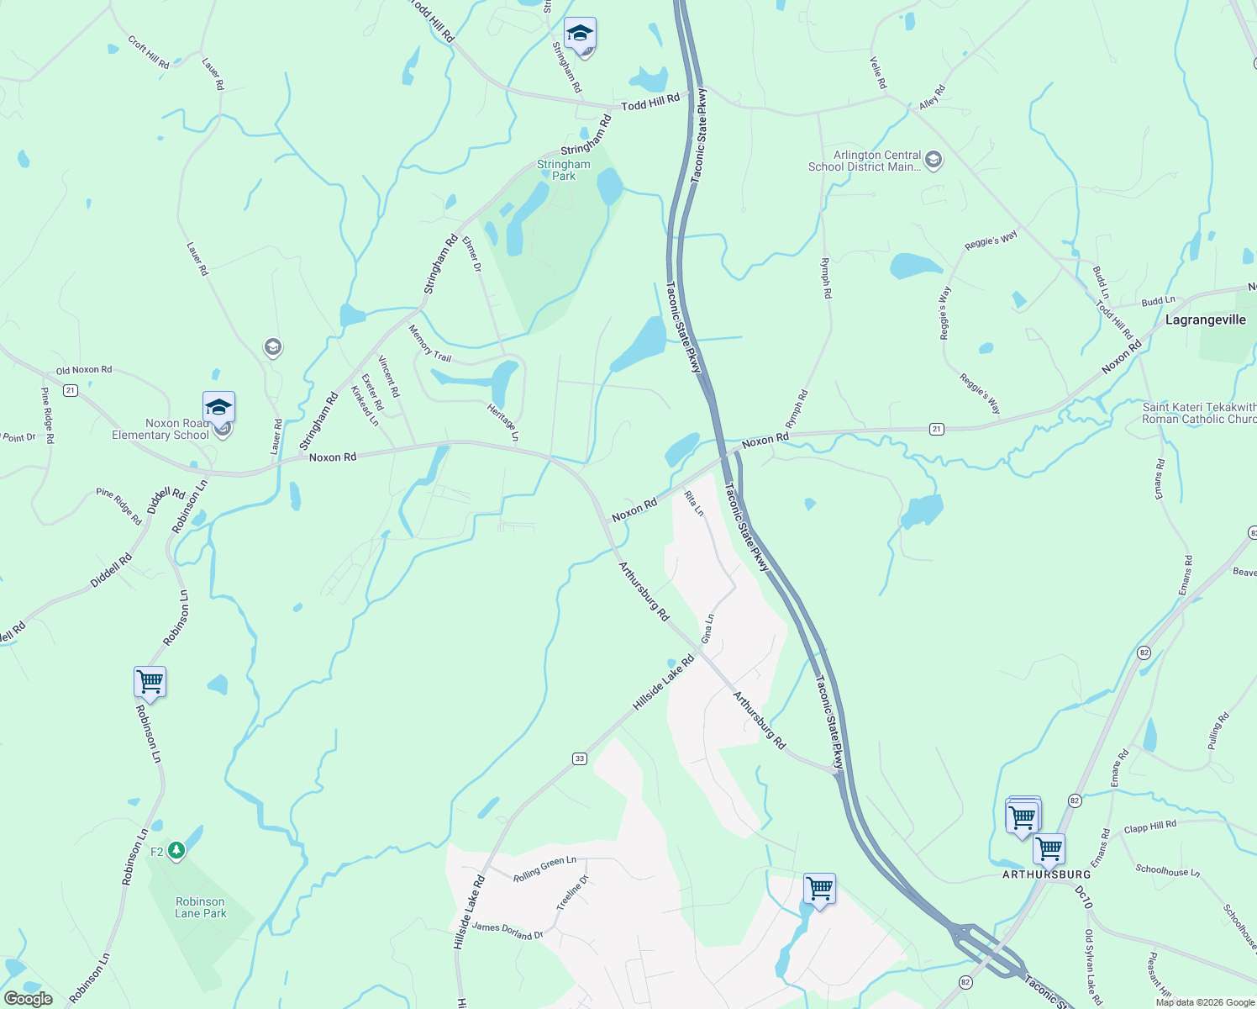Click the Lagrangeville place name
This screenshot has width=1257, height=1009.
click(1205, 320)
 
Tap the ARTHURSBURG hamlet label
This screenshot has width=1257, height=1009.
click(1046, 874)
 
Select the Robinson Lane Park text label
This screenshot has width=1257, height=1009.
click(201, 907)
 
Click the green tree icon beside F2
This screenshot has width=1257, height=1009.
click(176, 851)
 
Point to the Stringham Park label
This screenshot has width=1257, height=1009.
click(564, 170)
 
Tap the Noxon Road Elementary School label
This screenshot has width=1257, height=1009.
click(160, 429)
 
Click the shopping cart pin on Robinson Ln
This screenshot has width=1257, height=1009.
click(150, 682)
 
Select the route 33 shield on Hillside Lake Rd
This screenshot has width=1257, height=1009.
click(580, 758)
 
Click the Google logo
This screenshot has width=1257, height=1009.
click(28, 999)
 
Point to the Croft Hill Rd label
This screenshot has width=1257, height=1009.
click(149, 52)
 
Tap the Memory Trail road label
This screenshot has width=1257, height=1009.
click(430, 343)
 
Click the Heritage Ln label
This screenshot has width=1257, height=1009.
click(502, 421)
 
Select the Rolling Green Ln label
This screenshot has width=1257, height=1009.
click(544, 869)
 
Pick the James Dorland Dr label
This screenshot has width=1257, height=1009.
click(508, 931)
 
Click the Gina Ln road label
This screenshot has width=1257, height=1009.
click(707, 629)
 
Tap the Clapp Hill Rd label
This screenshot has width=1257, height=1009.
click(1150, 827)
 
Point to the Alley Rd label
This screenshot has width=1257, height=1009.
click(932, 97)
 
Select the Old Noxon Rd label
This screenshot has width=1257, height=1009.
click(84, 370)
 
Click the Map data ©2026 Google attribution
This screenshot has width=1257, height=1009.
click(1205, 1002)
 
